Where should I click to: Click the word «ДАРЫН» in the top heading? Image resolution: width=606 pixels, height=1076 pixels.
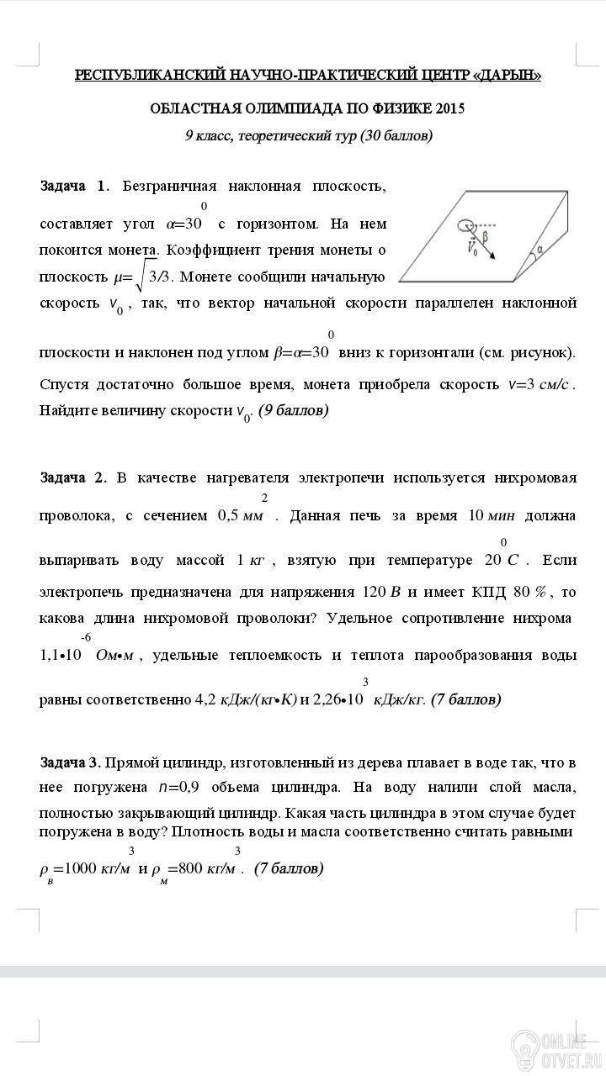508,76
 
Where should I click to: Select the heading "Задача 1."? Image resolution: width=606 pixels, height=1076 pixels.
75,186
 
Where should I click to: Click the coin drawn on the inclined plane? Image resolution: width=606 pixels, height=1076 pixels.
465,224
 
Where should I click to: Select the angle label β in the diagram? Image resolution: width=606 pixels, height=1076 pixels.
486,238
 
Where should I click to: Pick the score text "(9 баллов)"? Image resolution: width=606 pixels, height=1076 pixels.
294,411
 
